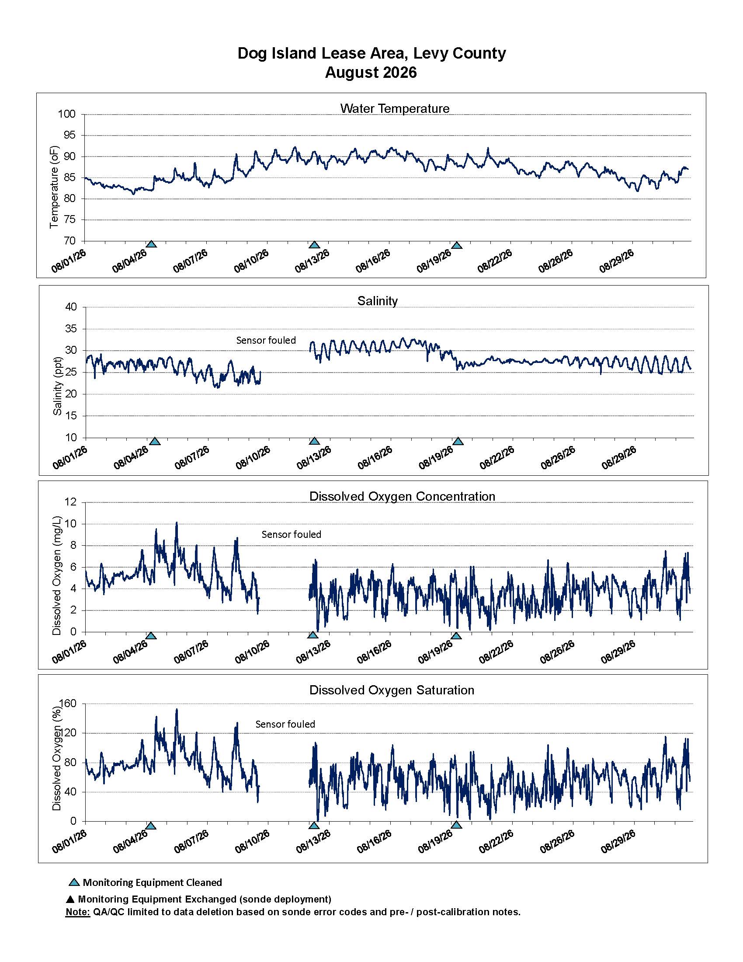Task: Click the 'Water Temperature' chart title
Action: point(394,108)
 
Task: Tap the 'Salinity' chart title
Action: point(377,301)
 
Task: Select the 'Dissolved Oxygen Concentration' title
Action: point(402,496)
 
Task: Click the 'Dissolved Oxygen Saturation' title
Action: point(392,690)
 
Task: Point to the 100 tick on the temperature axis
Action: point(67,115)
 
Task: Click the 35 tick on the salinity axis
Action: point(71,329)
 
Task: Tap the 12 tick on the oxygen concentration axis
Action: point(71,502)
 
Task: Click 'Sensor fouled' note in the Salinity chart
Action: point(266,340)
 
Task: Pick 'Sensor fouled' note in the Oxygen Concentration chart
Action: point(292,534)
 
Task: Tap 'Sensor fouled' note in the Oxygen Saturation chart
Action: point(285,724)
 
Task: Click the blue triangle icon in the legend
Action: point(74,882)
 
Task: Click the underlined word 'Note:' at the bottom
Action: point(77,912)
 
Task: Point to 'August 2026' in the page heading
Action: point(371,72)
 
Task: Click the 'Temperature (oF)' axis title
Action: point(54,187)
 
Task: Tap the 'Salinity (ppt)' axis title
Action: point(57,386)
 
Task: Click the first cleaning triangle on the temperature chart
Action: point(151,244)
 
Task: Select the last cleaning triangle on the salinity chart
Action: point(458,441)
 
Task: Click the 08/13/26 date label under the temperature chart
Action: point(312,261)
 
